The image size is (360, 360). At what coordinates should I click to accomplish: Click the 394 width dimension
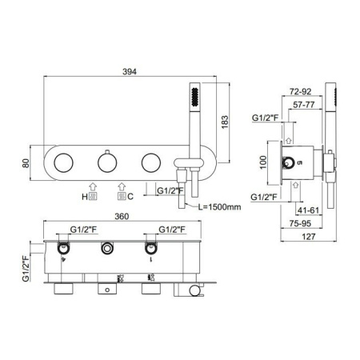(130, 71)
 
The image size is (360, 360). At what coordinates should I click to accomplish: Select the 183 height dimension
(225, 122)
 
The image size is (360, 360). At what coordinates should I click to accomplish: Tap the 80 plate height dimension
(26, 163)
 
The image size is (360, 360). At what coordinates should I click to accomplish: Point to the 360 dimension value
(122, 216)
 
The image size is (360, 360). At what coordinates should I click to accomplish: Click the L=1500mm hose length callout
(219, 206)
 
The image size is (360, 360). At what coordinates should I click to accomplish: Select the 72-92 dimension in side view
(300, 91)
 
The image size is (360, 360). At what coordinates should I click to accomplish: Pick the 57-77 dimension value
(304, 105)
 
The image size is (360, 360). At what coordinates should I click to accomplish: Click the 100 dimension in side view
(263, 162)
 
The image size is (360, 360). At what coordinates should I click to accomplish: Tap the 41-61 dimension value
(308, 210)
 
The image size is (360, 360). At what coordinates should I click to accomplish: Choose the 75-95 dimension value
(300, 223)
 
